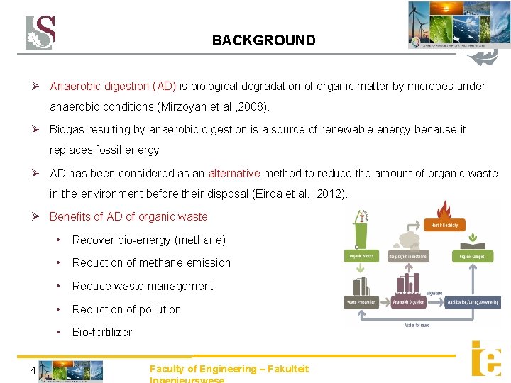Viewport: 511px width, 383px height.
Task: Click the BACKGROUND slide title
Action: click(263, 40)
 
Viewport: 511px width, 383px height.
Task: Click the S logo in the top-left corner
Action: click(40, 33)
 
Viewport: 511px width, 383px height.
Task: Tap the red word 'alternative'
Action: click(234, 173)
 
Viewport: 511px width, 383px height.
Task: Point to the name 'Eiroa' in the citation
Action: click(268, 194)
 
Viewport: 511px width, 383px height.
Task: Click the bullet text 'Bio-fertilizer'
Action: click(102, 332)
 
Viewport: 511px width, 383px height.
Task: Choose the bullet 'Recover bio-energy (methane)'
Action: click(149, 240)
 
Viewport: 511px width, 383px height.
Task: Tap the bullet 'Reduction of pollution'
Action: click(126, 309)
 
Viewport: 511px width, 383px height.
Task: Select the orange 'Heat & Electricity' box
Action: click(444, 225)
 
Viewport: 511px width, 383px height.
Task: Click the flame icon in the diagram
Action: click(444, 210)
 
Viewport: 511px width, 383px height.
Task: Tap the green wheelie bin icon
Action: click(362, 228)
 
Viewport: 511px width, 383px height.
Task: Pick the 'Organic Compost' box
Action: click(473, 256)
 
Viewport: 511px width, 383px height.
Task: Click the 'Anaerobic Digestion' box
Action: click(409, 302)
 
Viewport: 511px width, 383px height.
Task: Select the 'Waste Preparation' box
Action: click(362, 302)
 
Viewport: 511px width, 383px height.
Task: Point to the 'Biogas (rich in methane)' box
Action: click(409, 256)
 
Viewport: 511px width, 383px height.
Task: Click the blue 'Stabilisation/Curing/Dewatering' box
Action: click(473, 302)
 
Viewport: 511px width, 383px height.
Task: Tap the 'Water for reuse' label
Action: click(417, 325)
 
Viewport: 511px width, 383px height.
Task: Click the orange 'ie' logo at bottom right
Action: click(486, 359)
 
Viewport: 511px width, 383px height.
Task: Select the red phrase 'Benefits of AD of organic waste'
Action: click(128, 216)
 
